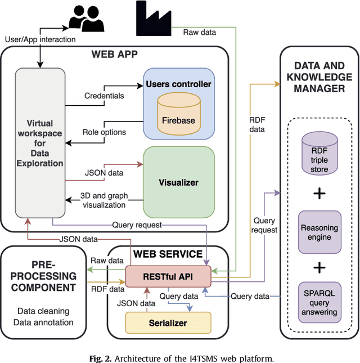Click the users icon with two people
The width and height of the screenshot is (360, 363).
[87, 19]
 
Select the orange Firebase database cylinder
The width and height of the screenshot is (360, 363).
[178, 114]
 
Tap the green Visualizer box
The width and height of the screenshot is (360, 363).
[178, 182]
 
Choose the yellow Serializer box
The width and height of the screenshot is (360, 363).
[168, 323]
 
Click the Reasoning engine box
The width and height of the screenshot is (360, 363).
[319, 232]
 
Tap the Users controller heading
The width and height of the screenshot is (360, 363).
[178, 84]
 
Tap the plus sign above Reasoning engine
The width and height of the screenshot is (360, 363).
[319, 193]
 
